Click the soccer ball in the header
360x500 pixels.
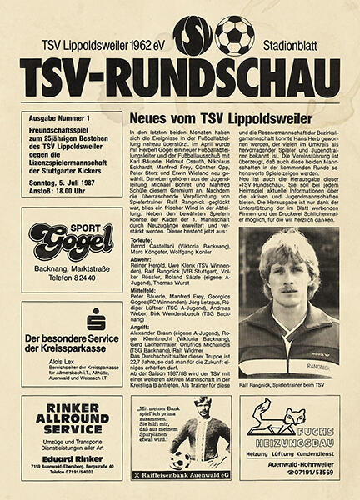pyautogui.click(x=235, y=35)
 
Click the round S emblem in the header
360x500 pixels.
pyautogui.click(x=193, y=36)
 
